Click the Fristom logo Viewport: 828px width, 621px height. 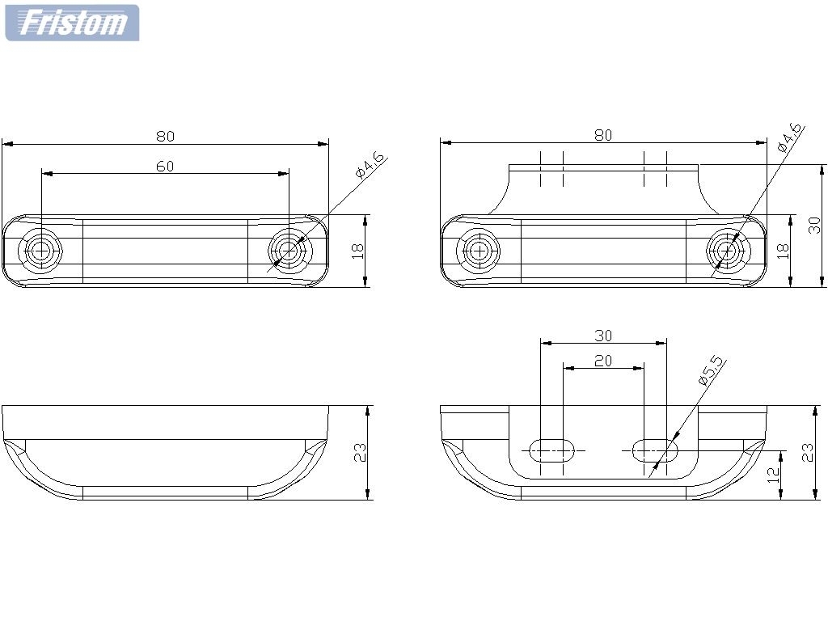tap(72, 23)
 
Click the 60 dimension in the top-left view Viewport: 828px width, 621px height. tap(165, 166)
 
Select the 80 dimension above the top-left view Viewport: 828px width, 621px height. tap(165, 136)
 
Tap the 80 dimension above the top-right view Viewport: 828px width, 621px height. tap(603, 135)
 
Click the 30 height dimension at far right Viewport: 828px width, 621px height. tap(815, 225)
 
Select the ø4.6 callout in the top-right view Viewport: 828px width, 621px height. tap(788, 137)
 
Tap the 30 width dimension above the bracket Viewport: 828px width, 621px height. tap(603, 335)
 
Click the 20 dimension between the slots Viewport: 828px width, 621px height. tap(603, 361)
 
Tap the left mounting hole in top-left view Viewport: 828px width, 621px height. tap(41, 251)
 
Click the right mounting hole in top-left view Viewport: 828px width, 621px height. tap(289, 251)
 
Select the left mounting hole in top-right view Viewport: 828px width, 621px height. tap(479, 251)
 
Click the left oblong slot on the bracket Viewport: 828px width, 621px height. tap(551, 450)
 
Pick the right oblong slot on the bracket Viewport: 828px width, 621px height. tap(654, 450)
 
